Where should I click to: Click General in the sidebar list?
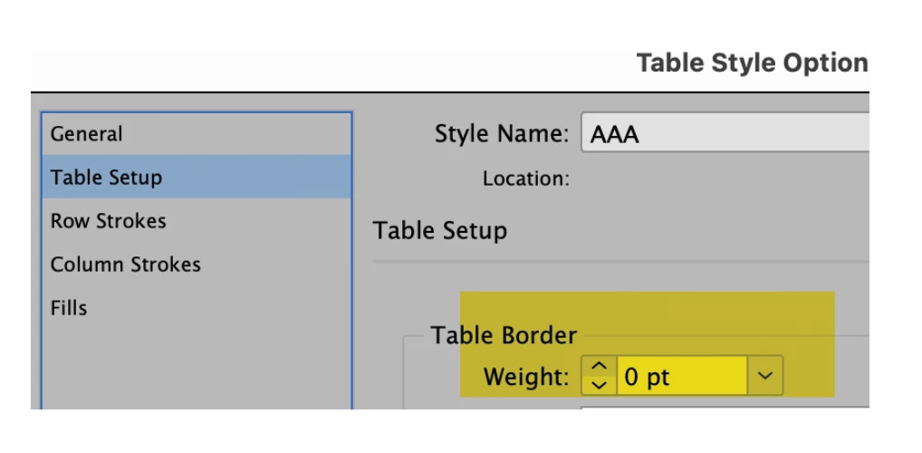click(x=86, y=134)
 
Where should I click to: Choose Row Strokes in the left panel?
click(x=108, y=221)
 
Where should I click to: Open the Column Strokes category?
click(x=125, y=265)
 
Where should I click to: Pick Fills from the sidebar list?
click(x=69, y=308)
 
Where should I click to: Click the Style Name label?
click(x=502, y=134)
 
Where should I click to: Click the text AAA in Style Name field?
click(x=614, y=135)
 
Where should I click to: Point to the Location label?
click(x=526, y=178)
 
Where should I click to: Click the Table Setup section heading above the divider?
click(x=440, y=231)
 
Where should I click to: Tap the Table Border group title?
click(x=504, y=335)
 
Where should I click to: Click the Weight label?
click(x=526, y=377)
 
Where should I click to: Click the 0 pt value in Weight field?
click(x=647, y=377)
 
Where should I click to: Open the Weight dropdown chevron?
click(x=765, y=375)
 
